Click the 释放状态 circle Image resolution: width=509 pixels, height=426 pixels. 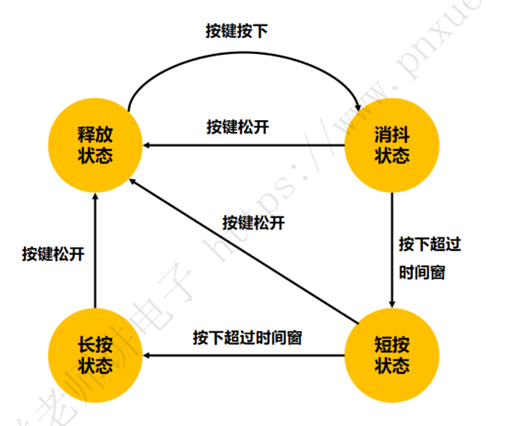pyautogui.click(x=95, y=145)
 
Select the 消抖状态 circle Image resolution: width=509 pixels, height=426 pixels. pyautogui.click(x=392, y=145)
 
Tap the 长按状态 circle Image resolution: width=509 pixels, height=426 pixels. pyautogui.click(x=95, y=355)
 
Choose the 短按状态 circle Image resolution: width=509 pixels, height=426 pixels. pyautogui.click(x=392, y=355)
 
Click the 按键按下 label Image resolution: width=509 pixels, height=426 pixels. pyautogui.click(x=237, y=32)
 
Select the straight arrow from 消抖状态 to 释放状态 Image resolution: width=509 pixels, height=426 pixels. pyautogui.click(x=244, y=145)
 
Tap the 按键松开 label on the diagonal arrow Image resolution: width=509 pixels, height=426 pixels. pyautogui.click(x=253, y=223)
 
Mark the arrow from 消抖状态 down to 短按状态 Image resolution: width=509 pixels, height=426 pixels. pyautogui.click(x=392, y=249)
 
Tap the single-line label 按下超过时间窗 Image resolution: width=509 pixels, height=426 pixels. pyautogui.click(x=247, y=337)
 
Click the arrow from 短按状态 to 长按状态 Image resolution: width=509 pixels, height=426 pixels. pyautogui.click(x=244, y=355)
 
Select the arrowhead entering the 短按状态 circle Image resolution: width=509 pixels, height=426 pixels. pyautogui.click(x=392, y=304)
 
